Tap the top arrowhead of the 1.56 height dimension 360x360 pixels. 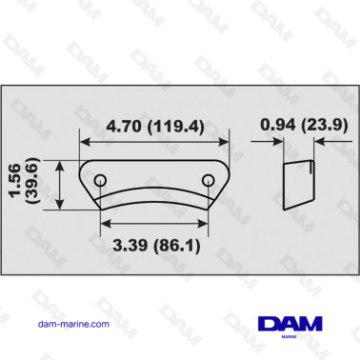62,165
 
